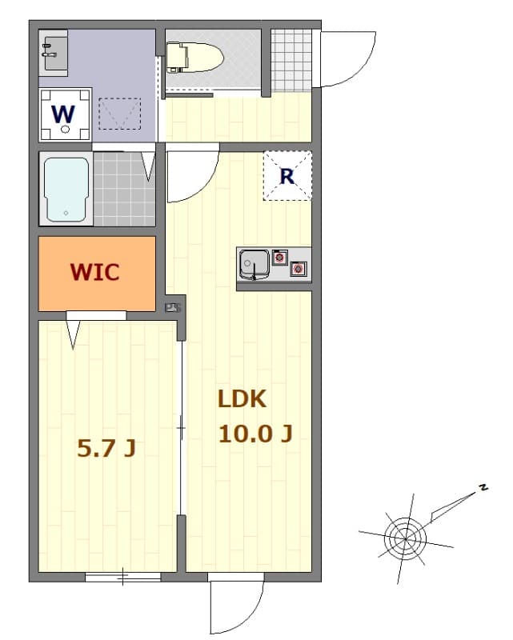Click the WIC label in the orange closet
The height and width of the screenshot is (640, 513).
[x=94, y=272]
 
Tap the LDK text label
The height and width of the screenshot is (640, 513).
[x=241, y=399]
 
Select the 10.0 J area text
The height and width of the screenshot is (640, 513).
[x=255, y=434]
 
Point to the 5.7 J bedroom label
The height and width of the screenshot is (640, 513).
[x=106, y=449]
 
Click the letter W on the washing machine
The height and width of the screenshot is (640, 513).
[x=64, y=113]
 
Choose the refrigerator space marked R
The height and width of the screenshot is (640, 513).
[x=287, y=176]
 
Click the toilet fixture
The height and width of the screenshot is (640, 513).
[x=194, y=56]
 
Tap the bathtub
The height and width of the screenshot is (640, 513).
[x=66, y=189]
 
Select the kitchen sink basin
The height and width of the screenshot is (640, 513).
[x=254, y=263]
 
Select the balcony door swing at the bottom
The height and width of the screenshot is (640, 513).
[x=236, y=606]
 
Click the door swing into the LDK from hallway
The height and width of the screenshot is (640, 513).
[x=192, y=176]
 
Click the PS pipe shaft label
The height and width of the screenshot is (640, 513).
[x=172, y=307]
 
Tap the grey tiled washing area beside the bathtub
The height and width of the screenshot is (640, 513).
[x=122, y=190]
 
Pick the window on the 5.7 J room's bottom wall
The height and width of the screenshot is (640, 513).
[x=122, y=576]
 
